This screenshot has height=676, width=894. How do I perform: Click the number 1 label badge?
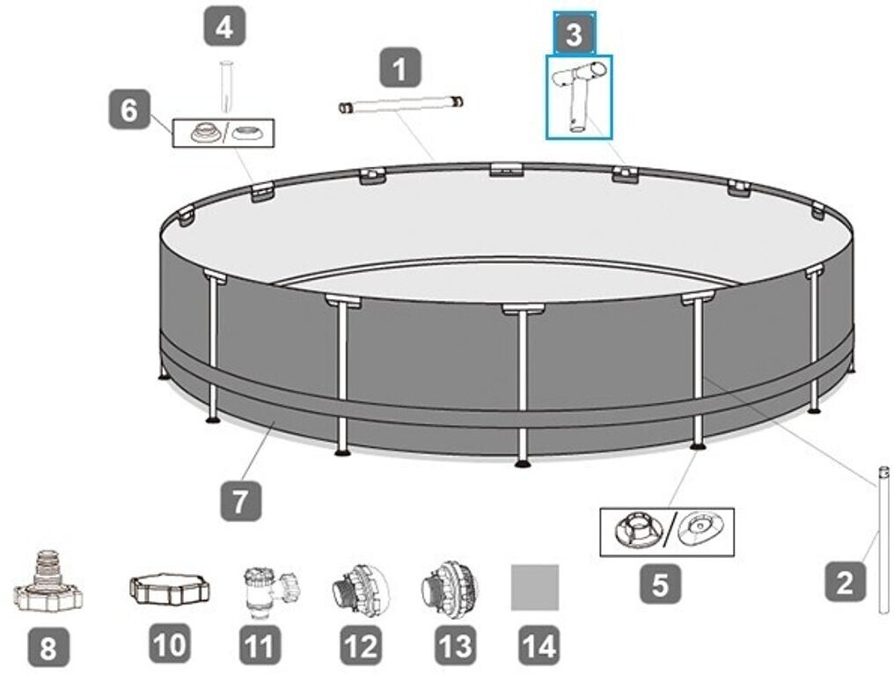click(400, 68)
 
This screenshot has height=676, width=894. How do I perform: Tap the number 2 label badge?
click(845, 581)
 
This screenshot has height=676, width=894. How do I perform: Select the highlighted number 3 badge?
click(574, 33)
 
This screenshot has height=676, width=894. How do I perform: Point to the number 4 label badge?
click(224, 26)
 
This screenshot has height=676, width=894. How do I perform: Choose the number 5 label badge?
click(660, 583)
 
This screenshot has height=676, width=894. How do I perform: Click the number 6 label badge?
click(129, 108)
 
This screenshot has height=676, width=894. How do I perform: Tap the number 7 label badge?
click(240, 501)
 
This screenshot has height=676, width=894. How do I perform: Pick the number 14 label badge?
click(539, 645)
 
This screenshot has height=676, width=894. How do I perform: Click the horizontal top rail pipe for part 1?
click(400, 105)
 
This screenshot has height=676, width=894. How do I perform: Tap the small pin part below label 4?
click(226, 86)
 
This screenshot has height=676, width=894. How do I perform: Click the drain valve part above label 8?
click(48, 581)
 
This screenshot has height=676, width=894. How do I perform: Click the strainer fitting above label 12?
click(361, 591)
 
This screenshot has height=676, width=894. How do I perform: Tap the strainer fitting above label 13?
click(450, 591)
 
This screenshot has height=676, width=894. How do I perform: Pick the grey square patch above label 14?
click(535, 588)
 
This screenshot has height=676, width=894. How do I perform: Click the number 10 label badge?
click(170, 644)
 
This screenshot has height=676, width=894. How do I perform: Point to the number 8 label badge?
click(48, 647)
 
